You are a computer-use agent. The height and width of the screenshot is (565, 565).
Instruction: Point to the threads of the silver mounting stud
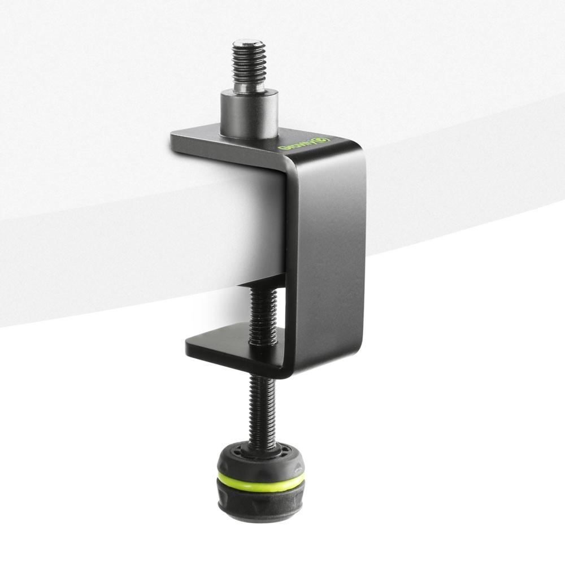click(x=249, y=65)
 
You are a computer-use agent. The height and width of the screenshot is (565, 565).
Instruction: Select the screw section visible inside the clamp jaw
click(x=263, y=314)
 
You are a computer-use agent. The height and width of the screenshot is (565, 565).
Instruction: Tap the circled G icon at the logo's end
click(x=324, y=140)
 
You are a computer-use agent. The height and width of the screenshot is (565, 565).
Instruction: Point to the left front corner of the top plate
click(x=173, y=136)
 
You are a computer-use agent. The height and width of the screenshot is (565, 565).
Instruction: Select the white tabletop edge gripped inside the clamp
click(x=249, y=226)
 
